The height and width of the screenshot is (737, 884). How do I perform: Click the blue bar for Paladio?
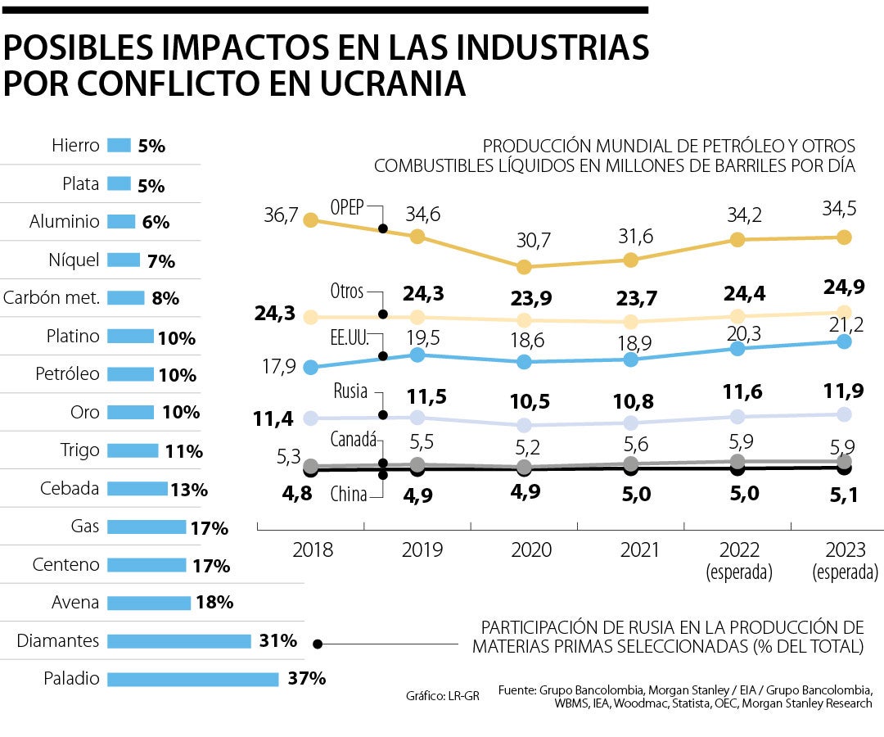pyautogui.click(x=193, y=679)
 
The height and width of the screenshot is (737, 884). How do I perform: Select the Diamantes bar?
pyautogui.click(x=179, y=641)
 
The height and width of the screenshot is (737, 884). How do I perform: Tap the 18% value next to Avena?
pyautogui.click(x=214, y=603)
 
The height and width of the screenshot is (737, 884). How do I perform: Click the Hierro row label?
pyautogui.click(x=75, y=146)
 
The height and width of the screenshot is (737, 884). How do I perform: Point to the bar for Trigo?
pyautogui.click(x=133, y=450)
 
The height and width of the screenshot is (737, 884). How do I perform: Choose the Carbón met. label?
pyautogui.click(x=52, y=298)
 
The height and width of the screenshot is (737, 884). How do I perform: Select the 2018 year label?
pyautogui.click(x=313, y=549)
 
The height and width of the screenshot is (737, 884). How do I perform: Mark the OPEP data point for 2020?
pyautogui.click(x=525, y=267)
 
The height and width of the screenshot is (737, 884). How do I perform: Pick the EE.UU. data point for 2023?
pyautogui.click(x=845, y=341)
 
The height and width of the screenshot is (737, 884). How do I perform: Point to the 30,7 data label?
pyautogui.click(x=533, y=241)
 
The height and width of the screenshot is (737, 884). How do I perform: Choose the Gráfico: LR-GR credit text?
pyautogui.click(x=443, y=696)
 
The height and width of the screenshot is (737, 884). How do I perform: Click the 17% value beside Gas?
pyautogui.click(x=209, y=528)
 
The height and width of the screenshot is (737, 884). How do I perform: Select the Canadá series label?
pyautogui.click(x=353, y=440)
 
